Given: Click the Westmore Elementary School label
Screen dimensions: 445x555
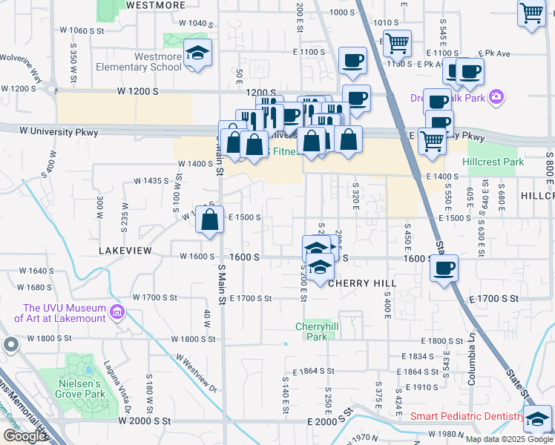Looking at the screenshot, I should [139, 62].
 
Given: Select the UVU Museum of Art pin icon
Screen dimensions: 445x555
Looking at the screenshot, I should [116, 313].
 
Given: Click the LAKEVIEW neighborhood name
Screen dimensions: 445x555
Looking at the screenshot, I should [125, 251].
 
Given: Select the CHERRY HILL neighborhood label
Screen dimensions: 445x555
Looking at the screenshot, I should [362, 283].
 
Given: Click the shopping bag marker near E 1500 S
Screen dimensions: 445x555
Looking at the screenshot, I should [211, 220].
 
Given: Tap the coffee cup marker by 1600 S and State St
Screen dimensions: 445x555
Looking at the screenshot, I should [444, 268].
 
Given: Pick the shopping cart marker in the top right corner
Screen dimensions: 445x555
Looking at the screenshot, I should [531, 13].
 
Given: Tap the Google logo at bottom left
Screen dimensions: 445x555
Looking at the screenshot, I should [25, 436].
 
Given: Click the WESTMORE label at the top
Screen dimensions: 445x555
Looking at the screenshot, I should [156, 5].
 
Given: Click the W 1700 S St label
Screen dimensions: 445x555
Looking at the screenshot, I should [155, 297].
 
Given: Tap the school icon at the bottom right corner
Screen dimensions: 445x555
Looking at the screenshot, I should [537, 419].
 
